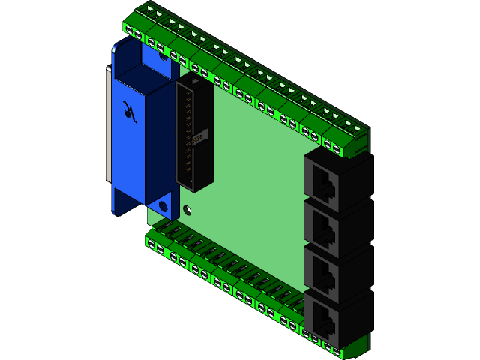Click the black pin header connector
click(192, 135)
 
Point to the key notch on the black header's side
click(199, 139)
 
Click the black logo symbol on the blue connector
click(130, 111)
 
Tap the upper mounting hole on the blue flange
click(160, 49)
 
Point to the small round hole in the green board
click(187, 211)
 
